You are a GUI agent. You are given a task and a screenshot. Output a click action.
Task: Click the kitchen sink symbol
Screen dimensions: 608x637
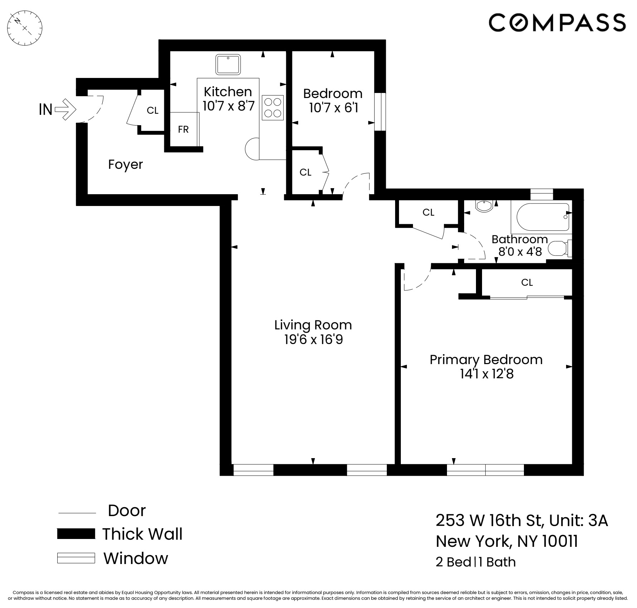[x=228, y=64]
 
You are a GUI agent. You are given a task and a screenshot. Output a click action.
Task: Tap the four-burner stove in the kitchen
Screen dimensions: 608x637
[x=273, y=108]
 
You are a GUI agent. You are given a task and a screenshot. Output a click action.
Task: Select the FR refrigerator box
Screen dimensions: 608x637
[x=184, y=129]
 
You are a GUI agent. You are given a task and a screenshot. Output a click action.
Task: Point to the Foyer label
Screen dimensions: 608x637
[x=125, y=165]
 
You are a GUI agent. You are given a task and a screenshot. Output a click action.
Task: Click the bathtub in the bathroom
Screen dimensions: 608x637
[x=543, y=217]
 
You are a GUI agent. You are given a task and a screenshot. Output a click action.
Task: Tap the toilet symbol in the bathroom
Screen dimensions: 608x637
[x=558, y=249]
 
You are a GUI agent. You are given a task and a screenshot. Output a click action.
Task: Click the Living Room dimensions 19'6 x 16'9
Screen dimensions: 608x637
[x=313, y=339]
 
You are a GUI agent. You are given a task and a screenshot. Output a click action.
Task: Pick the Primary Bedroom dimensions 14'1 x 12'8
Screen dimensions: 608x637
[x=487, y=374]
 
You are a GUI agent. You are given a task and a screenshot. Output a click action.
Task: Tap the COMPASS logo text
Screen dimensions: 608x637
[x=557, y=23]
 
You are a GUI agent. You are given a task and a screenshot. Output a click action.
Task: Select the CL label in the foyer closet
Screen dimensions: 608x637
[x=152, y=111]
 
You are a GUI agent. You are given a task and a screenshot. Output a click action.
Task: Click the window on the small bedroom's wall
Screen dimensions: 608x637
[x=380, y=112]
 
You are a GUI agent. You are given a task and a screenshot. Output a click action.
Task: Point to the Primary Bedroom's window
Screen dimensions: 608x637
[x=485, y=470]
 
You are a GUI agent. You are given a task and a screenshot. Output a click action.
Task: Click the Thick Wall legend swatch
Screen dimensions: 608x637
[x=76, y=534]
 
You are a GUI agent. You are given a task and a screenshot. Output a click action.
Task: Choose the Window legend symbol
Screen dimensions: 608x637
[x=76, y=558]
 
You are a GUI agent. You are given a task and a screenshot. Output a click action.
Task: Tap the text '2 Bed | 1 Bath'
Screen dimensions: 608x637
[x=475, y=562]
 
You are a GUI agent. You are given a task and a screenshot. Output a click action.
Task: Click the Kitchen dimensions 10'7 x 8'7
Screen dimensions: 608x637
[x=228, y=106]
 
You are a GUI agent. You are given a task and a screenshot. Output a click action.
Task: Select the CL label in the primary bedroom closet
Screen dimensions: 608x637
[x=527, y=283]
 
